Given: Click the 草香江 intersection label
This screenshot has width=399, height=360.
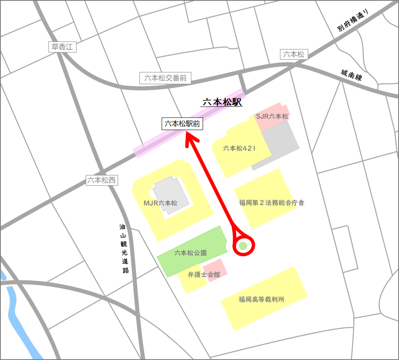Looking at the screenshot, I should tap(62, 47).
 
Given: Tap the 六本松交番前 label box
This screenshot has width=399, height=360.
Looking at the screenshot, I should tap(165, 78).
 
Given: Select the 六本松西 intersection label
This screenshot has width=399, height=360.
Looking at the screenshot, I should tap(102, 180).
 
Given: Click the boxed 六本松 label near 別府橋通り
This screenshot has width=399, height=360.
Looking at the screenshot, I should tap(293, 54).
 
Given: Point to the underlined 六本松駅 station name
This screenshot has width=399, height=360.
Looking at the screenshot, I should tap(222, 102).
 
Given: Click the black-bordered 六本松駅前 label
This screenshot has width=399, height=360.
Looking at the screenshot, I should tap(182, 124).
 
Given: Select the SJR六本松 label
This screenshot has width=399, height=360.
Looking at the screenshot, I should tap(272, 117).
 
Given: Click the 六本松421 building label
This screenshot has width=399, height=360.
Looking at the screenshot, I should tap(239, 148).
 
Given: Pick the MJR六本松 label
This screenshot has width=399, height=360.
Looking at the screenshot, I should tap(160, 203).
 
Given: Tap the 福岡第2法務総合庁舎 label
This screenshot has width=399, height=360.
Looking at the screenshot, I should tap(272, 203).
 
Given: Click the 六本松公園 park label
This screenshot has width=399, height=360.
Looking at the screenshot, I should tap(191, 252).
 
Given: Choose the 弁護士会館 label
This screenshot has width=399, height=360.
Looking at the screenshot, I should tap(204, 274).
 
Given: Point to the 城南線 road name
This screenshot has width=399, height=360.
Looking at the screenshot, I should tap(352, 78).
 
